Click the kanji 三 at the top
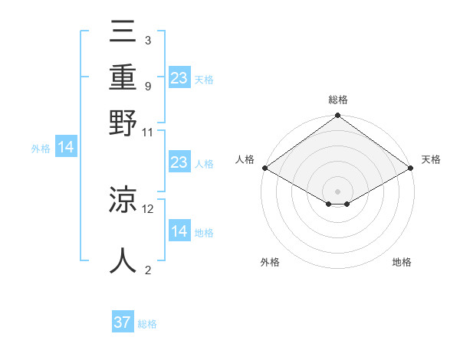click(123, 32)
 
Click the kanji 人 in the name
click(123, 260)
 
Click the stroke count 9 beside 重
click(147, 85)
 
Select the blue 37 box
click(123, 322)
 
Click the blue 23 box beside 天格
click(179, 78)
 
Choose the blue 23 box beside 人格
click(179, 162)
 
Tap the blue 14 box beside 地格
click(179, 231)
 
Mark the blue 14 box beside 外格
click(66, 148)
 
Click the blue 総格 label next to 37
click(147, 324)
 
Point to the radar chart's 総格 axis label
click(337, 100)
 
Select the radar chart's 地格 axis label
click(402, 262)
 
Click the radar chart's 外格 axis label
click(270, 262)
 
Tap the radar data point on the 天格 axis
click(412, 168)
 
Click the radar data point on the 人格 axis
click(264, 168)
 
